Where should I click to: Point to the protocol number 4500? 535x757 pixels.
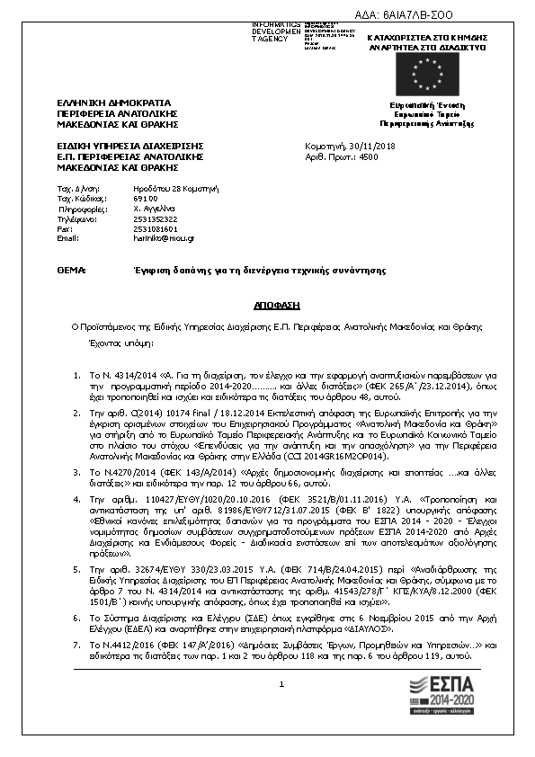[369, 156]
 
